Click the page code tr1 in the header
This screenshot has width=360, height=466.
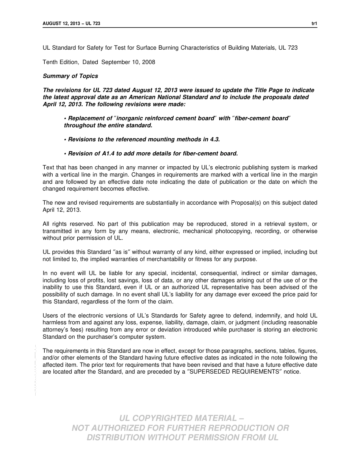pyautogui.click(x=314, y=23)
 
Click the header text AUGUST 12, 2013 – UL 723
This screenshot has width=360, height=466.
pyautogui.click(x=72, y=23)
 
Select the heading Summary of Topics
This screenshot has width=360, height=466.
pyautogui.click(x=70, y=76)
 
